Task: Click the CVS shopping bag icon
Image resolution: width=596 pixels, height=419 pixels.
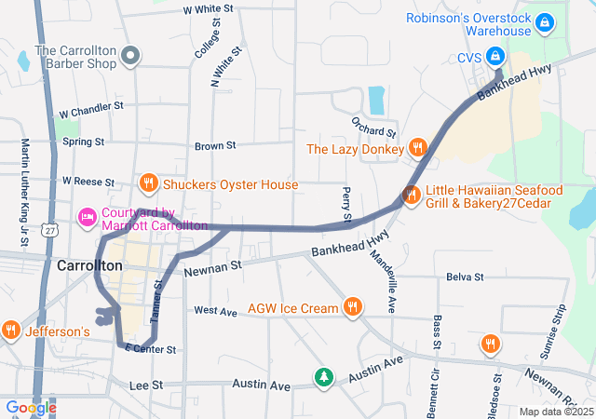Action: click(x=495, y=56)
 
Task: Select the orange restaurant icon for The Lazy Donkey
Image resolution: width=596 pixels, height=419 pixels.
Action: click(x=417, y=148)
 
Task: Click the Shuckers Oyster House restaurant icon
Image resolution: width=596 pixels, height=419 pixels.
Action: click(x=147, y=182)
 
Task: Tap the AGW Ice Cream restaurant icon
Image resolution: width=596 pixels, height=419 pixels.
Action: click(x=352, y=306)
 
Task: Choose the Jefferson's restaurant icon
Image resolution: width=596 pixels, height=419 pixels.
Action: click(x=11, y=329)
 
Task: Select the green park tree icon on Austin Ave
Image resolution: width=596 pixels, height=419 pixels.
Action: click(x=323, y=376)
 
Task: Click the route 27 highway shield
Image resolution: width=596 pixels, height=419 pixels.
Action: click(x=49, y=229)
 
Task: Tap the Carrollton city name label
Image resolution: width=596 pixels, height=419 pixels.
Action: click(x=89, y=265)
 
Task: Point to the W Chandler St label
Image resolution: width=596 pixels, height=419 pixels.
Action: click(x=91, y=108)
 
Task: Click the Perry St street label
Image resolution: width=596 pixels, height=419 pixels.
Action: click(x=346, y=206)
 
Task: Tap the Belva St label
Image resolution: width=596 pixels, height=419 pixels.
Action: click(x=465, y=277)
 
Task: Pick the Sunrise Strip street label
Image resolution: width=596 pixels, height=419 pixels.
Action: click(x=553, y=331)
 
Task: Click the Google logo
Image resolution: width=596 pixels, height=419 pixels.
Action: click(x=30, y=407)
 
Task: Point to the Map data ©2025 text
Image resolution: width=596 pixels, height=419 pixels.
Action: click(x=555, y=412)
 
